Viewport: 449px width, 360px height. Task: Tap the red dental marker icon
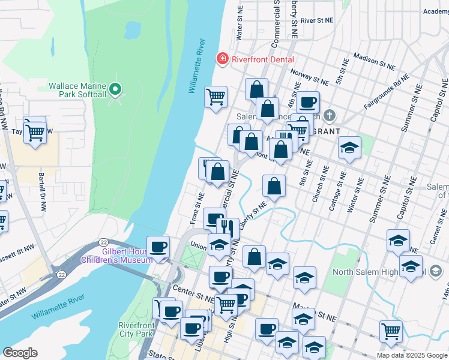point(223,59)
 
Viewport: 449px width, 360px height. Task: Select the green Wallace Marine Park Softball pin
point(116,91)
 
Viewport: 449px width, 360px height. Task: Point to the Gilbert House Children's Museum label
point(118,256)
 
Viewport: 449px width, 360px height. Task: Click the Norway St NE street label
point(309,77)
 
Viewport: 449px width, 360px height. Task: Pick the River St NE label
point(317,20)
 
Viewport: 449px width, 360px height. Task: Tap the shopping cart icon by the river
point(215,96)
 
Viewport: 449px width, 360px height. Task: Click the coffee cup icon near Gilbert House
point(158,247)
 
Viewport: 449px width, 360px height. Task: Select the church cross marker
point(328,115)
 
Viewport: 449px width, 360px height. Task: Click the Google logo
point(20,353)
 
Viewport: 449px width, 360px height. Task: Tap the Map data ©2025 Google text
point(412,355)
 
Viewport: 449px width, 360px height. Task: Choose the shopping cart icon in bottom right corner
point(391,330)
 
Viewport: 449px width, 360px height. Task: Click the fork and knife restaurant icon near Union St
point(227,227)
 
